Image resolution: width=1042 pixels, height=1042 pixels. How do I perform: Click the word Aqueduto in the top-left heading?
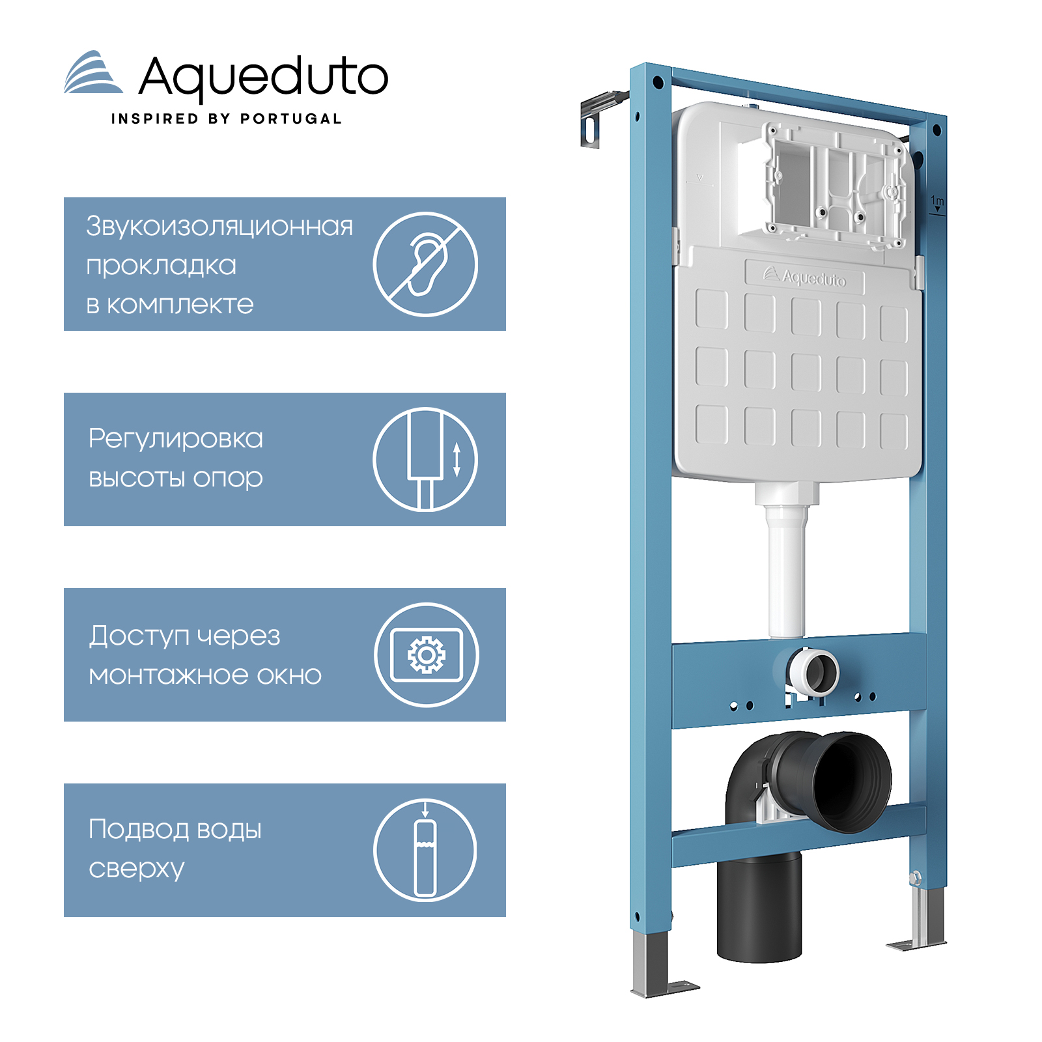[264, 79]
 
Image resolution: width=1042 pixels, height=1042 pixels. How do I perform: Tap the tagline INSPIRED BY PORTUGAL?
[227, 119]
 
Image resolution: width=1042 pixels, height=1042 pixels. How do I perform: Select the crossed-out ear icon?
[425, 264]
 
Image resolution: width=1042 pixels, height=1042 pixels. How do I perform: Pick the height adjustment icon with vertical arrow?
[425, 459]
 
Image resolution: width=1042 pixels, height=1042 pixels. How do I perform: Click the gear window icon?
[427, 655]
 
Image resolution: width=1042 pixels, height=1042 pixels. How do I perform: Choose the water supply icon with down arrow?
[425, 850]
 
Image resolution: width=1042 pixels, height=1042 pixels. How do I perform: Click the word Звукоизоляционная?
[219, 226]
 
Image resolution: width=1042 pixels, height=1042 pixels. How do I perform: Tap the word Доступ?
[139, 636]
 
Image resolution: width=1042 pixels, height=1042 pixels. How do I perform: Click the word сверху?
[137, 869]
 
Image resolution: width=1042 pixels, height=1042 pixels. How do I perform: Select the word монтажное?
[169, 675]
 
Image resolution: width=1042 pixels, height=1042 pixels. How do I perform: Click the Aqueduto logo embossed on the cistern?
[805, 277]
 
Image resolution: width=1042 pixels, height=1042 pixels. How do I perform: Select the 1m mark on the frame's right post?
[937, 203]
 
